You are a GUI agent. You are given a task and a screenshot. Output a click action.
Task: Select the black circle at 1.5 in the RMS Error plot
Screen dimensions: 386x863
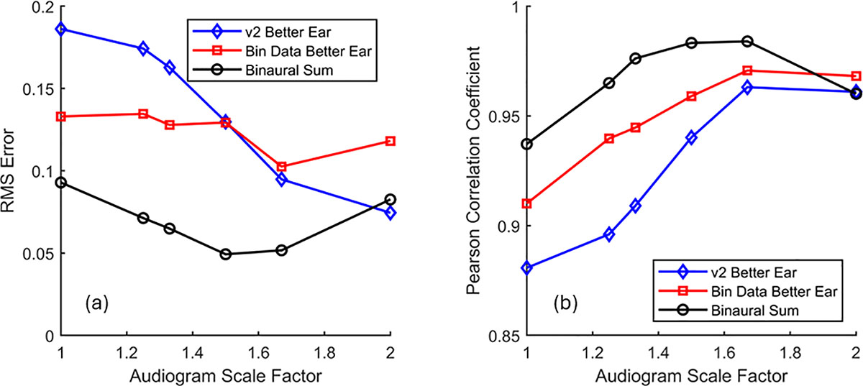[x=226, y=254]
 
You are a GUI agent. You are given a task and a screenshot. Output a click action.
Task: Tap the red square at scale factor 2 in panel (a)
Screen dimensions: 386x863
[x=390, y=141]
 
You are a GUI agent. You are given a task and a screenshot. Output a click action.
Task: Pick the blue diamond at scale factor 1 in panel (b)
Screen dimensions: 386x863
[x=527, y=267]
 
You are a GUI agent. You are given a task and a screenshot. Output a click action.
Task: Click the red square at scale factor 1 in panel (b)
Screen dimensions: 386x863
[x=527, y=203]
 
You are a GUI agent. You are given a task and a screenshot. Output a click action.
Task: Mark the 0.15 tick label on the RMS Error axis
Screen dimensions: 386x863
[x=40, y=89]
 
